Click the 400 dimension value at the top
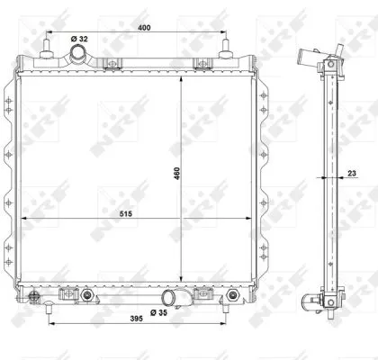click(144, 28)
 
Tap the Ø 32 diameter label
click(79, 39)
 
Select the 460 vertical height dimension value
click(176, 174)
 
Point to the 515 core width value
click(126, 214)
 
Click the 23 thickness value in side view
click(352, 173)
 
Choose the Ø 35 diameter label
click(158, 312)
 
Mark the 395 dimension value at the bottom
click(137, 319)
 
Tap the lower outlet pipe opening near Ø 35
click(168, 298)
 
